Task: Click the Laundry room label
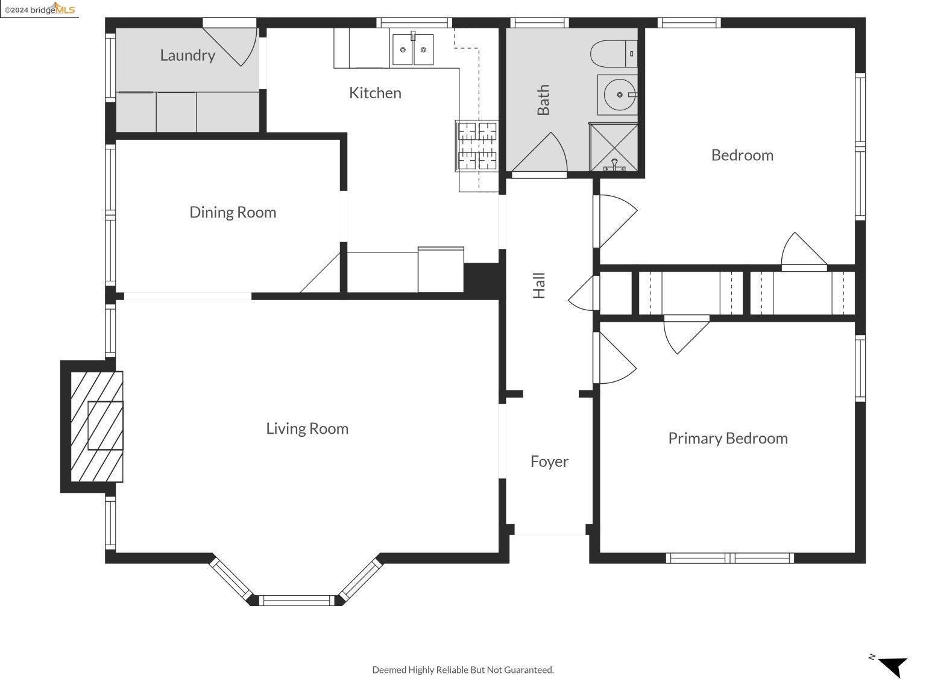pos(187,55)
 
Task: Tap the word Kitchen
pos(375,93)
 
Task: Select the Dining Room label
pos(233,213)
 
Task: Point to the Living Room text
pos(307,429)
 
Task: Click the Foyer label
pos(549,462)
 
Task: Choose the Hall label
pos(539,286)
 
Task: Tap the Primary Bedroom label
pos(728,439)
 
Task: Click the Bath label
pos(543,100)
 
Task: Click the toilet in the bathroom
pos(614,54)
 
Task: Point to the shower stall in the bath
pos(614,147)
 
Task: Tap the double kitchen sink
pos(413,49)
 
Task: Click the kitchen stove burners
pos(477,146)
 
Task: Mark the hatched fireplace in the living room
pos(96,427)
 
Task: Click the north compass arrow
pos(893,667)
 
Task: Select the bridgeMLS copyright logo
pos(39,9)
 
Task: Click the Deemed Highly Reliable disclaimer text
pos(463,670)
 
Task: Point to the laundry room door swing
pos(230,46)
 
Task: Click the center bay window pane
pos(297,601)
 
